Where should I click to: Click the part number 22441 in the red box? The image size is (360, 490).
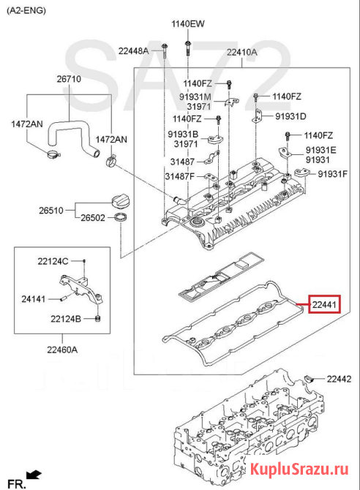(x=324, y=304)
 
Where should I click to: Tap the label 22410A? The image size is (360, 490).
(x=241, y=52)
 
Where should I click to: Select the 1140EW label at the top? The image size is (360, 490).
(x=187, y=23)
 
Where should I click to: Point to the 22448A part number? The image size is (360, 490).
(x=134, y=50)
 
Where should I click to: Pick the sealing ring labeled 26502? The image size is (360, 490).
(x=121, y=217)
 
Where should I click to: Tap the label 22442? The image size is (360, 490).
(x=339, y=379)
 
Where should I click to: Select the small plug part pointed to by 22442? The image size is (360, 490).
(x=310, y=379)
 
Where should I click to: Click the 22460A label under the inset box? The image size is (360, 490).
(x=62, y=350)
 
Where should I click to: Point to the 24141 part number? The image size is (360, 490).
(x=34, y=299)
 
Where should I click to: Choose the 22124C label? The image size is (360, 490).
(x=53, y=261)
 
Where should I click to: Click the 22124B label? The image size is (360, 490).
(x=66, y=319)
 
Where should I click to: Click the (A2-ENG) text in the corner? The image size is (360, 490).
(x=26, y=11)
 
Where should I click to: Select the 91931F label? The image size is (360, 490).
(x=332, y=174)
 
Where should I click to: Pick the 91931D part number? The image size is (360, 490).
(x=290, y=116)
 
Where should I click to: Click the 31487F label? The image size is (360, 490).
(x=179, y=176)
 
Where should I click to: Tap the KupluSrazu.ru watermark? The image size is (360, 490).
(x=299, y=469)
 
